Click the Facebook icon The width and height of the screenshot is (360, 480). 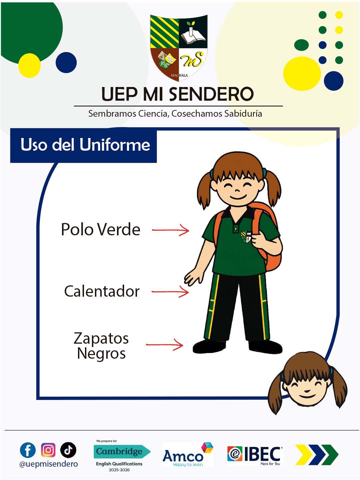point(28,450)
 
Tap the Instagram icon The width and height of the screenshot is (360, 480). point(48,450)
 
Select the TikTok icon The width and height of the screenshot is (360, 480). point(68,450)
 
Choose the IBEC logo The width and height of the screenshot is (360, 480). point(255,455)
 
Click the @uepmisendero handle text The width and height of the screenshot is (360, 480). point(49,464)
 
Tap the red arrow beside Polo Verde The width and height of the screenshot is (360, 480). point(170,230)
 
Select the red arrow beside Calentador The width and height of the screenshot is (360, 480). point(170,291)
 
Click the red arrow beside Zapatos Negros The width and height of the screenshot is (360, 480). point(164,345)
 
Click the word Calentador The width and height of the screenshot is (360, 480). point(102,291)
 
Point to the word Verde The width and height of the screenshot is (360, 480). point(118,229)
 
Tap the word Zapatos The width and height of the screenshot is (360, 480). point(101,338)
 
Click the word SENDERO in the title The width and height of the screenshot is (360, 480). point(211,94)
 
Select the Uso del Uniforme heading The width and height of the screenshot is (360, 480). point(85,145)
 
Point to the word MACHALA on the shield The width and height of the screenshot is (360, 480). point(179,75)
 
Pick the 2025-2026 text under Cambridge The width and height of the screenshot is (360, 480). point(119,470)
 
